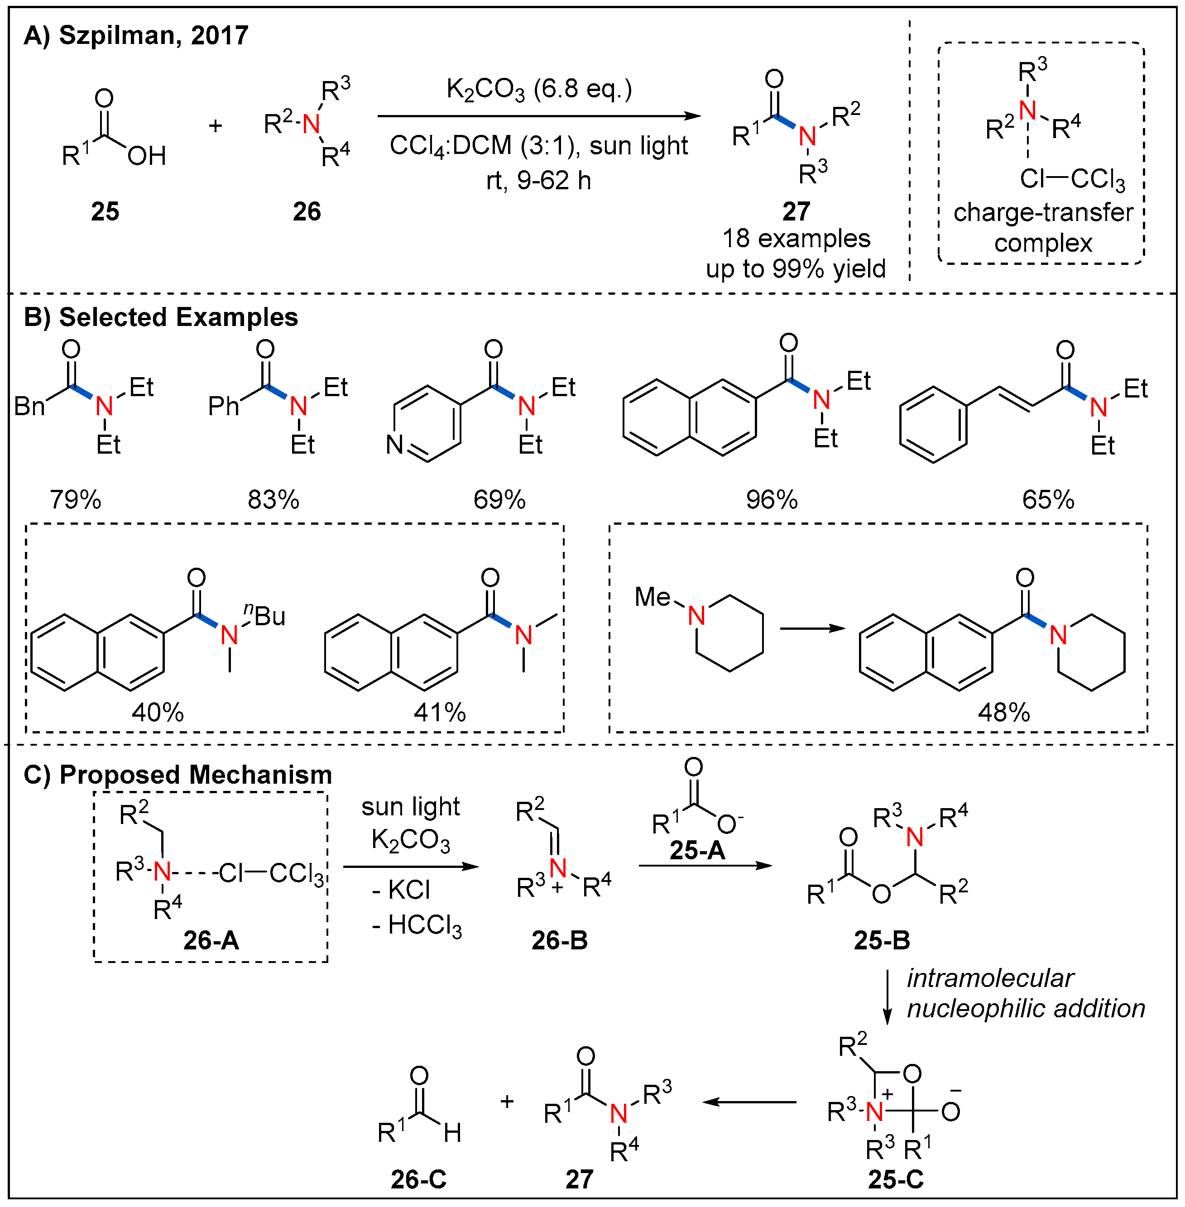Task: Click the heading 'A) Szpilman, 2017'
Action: click(x=136, y=35)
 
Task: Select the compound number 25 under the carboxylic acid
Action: click(x=105, y=211)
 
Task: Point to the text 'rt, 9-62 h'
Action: click(x=538, y=181)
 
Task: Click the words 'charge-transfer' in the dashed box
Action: click(x=1043, y=213)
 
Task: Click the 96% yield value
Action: click(x=772, y=500)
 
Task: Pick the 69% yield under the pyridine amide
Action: click(x=499, y=500)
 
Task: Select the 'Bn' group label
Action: click(x=29, y=407)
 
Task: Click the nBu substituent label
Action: click(x=265, y=615)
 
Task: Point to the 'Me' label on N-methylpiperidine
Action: click(x=652, y=597)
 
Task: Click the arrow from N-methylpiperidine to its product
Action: click(x=812, y=628)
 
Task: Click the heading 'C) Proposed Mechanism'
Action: click(x=178, y=775)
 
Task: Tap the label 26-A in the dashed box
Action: click(x=211, y=940)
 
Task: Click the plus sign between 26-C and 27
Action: click(x=507, y=1102)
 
